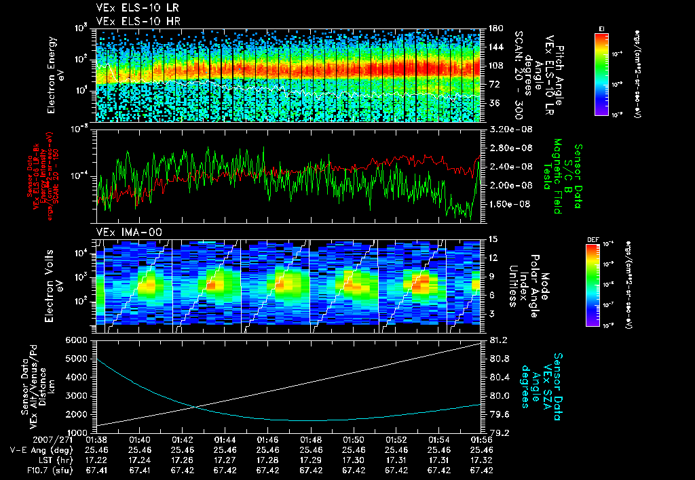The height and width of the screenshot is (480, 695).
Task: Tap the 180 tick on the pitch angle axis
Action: [495, 28]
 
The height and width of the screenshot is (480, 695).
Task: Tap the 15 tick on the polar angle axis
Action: [493, 239]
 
